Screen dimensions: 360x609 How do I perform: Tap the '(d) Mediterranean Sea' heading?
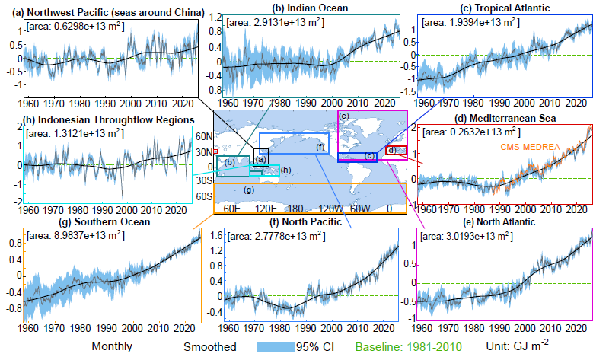506,119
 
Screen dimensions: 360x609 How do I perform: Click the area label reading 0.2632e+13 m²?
475,132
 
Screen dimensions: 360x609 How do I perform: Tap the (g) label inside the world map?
249,190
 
